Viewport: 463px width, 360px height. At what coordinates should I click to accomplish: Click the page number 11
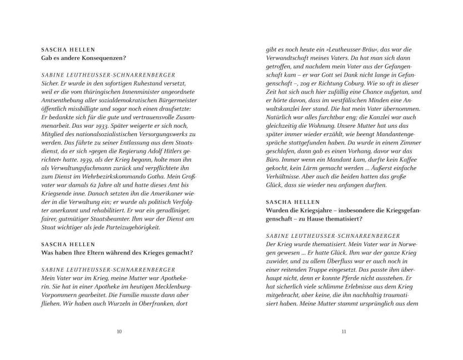(x=344, y=332)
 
